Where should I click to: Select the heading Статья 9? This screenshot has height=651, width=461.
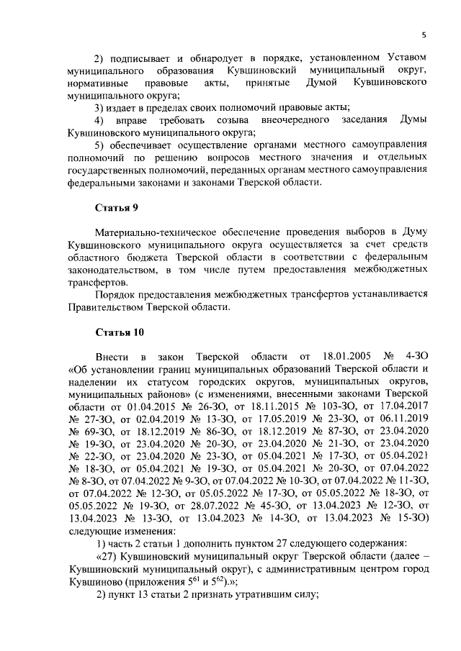(x=117, y=208)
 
